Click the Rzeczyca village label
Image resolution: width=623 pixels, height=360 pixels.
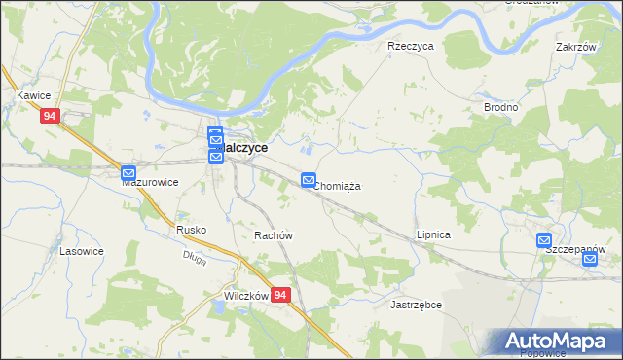pyautogui.click(x=410, y=46)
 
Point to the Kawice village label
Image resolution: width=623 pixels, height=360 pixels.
pyautogui.click(x=33, y=95)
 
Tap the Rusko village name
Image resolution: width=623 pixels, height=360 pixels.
pyautogui.click(x=191, y=230)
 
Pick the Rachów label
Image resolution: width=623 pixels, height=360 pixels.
pyautogui.click(x=274, y=236)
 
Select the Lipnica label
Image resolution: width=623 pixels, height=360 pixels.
pyautogui.click(x=433, y=235)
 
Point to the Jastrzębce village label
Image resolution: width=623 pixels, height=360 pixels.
pyautogui.click(x=417, y=305)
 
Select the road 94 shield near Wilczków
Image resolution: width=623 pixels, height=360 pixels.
pyautogui.click(x=280, y=295)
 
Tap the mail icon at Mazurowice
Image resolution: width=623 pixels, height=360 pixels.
pyautogui.click(x=128, y=174)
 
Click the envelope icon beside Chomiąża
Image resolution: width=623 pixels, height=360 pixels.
pyautogui.click(x=309, y=180)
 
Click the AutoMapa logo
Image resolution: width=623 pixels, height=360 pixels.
pyautogui.click(x=555, y=342)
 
